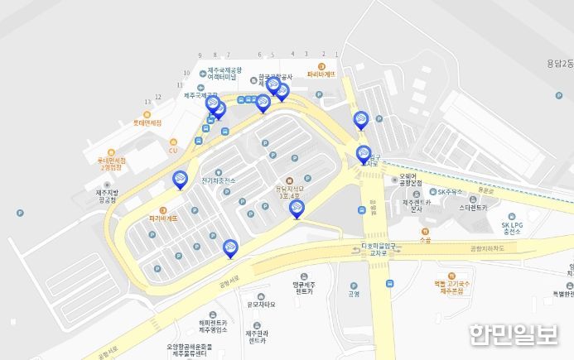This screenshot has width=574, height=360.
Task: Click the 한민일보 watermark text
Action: click(514, 335)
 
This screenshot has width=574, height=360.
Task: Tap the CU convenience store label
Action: click(173, 151)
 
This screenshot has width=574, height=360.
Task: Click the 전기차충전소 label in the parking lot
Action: click(218, 180)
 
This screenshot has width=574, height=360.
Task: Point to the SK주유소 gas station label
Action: click(453, 192)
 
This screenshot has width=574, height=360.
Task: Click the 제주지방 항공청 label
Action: click(108, 196)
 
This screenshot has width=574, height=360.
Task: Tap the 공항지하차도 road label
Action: click(488, 247)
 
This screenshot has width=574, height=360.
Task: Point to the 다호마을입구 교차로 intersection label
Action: click(361, 249)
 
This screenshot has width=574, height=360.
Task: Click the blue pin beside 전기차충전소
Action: click(180, 179)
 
